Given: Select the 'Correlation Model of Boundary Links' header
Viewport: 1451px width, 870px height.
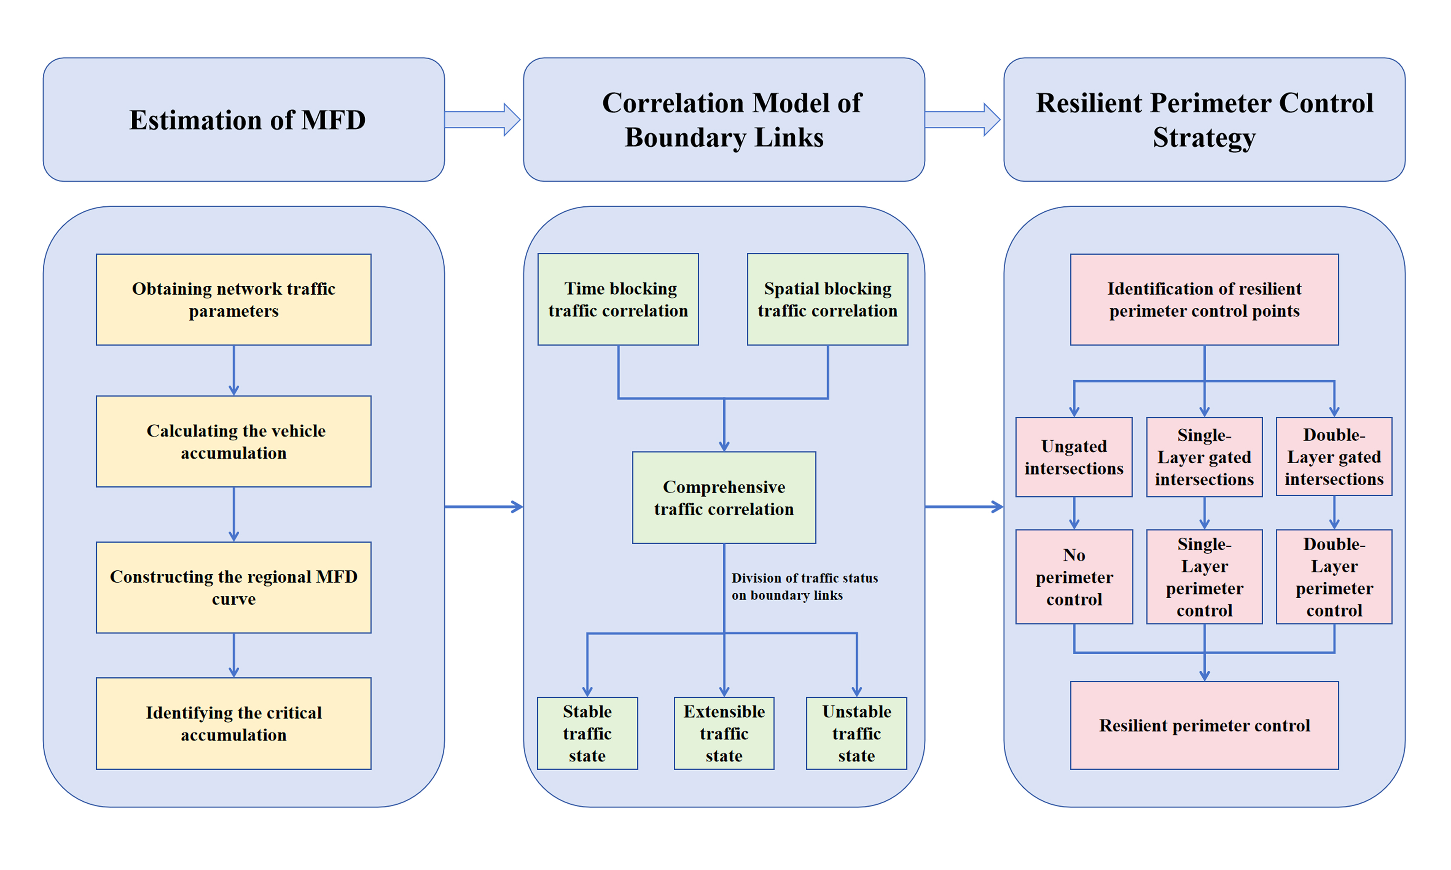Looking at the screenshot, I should click(x=724, y=120).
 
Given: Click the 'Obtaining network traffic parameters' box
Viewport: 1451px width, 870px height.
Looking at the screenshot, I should click(x=233, y=300).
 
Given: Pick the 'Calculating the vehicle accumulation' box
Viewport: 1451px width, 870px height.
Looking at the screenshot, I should click(x=233, y=442).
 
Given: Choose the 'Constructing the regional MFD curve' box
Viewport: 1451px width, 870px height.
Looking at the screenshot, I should click(x=233, y=587).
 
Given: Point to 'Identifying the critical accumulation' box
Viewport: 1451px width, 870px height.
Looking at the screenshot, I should click(x=233, y=723).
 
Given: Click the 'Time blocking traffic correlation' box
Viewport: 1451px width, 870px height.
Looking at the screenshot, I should click(x=618, y=300).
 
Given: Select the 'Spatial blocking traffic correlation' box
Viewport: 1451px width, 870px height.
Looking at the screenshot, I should click(x=827, y=300).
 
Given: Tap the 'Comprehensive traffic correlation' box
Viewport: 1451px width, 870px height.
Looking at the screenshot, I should click(x=724, y=498).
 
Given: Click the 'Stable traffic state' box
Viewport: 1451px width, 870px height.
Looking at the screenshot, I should click(x=587, y=733).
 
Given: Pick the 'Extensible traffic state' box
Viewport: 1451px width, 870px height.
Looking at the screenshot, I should click(x=724, y=733).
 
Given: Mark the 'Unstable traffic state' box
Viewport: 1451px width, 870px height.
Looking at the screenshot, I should click(x=856, y=733).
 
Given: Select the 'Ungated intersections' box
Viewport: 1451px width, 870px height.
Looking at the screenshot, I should click(x=1074, y=457).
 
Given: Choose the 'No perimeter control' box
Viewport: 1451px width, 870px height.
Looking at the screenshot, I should click(x=1074, y=577).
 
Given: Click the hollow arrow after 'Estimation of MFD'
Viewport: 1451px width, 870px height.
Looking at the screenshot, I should click(x=482, y=120).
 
